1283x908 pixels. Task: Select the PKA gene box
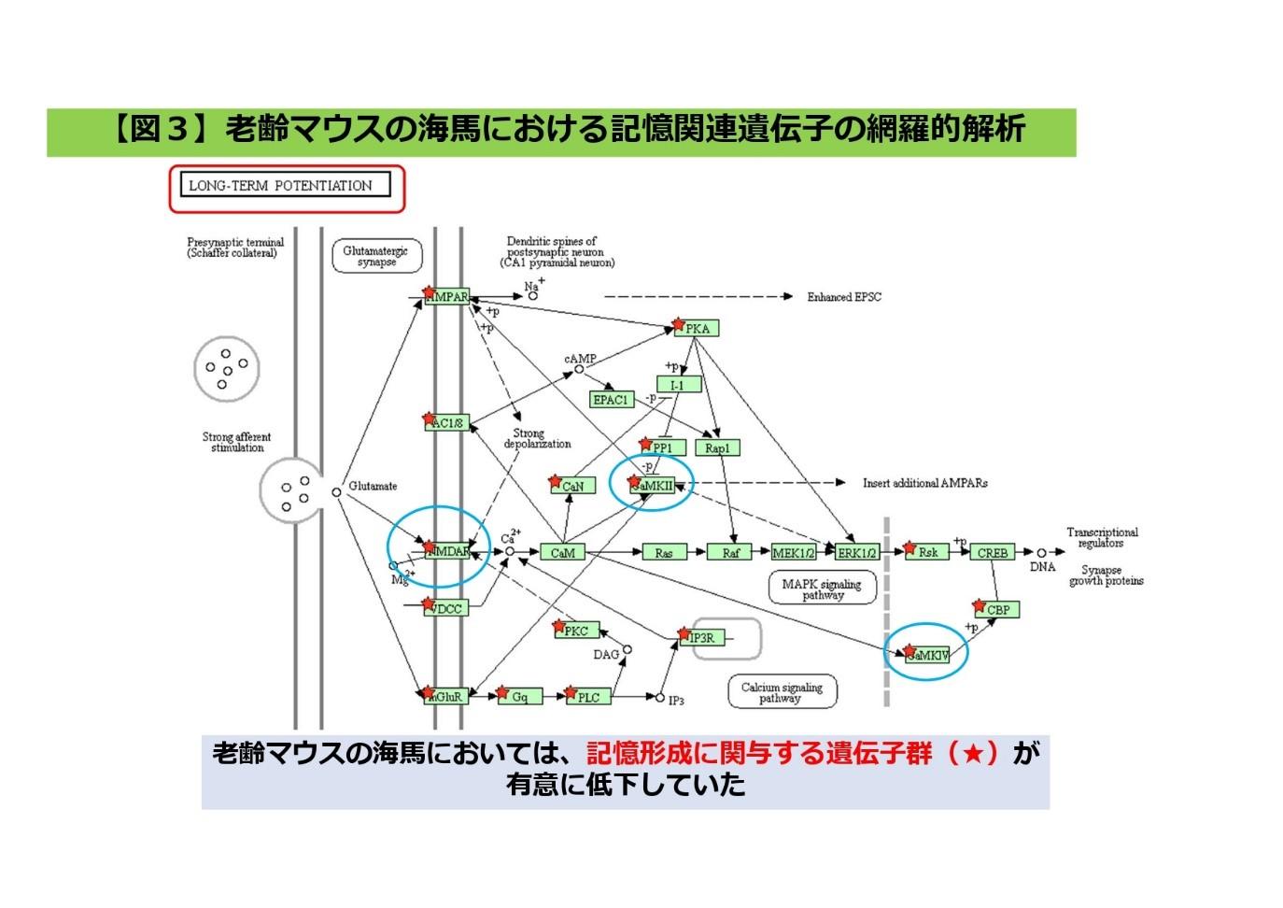click(x=697, y=329)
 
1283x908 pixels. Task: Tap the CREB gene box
click(x=993, y=553)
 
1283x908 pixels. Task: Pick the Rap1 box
click(x=717, y=448)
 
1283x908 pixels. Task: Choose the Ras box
click(x=664, y=553)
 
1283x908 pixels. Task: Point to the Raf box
click(x=730, y=553)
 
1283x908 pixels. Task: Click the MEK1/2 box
click(x=794, y=553)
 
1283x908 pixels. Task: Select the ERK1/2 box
click(x=857, y=553)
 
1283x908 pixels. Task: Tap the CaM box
click(x=563, y=553)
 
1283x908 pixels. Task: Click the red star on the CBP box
click(x=979, y=605)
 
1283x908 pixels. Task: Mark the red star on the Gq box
click(x=502, y=692)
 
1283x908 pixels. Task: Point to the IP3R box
click(x=700, y=638)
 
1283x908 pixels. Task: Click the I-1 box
click(x=678, y=385)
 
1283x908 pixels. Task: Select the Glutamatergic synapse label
click(x=376, y=257)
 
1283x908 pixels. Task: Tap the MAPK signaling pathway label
click(x=822, y=589)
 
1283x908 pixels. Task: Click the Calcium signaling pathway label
click(x=782, y=692)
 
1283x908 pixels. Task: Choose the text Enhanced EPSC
click(x=844, y=297)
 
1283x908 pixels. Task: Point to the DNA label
click(x=1042, y=567)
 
